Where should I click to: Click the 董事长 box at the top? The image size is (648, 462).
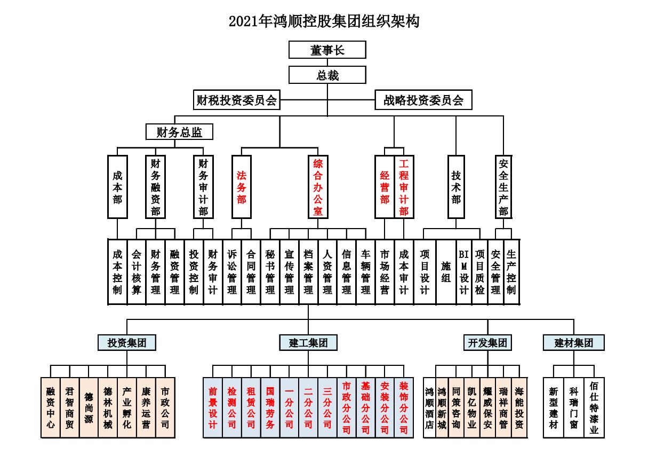[x=327, y=50]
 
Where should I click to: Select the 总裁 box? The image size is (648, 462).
[x=327, y=75]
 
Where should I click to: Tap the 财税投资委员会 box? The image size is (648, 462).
[x=237, y=100]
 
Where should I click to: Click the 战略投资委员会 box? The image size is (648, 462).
[x=423, y=100]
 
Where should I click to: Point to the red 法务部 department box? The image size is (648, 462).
[x=241, y=186]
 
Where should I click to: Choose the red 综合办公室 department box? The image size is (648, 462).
[x=318, y=186]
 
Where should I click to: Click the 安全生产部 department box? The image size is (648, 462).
[x=503, y=186]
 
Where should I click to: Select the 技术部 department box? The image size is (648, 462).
[x=456, y=186]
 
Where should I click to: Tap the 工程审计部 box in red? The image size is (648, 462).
[x=404, y=186]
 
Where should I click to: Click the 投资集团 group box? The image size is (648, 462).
[x=127, y=342]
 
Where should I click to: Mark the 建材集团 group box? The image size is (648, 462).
[x=573, y=342]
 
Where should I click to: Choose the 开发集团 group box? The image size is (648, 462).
[x=487, y=342]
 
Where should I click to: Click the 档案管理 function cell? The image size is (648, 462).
[x=308, y=272]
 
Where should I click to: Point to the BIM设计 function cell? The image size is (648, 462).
[x=464, y=272]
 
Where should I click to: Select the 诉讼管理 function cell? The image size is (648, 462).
[x=232, y=272]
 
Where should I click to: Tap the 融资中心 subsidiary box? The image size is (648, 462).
[x=51, y=408]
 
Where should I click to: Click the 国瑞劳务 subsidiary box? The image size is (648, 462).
[x=270, y=408]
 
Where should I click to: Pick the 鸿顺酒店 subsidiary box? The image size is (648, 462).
[x=429, y=408]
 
